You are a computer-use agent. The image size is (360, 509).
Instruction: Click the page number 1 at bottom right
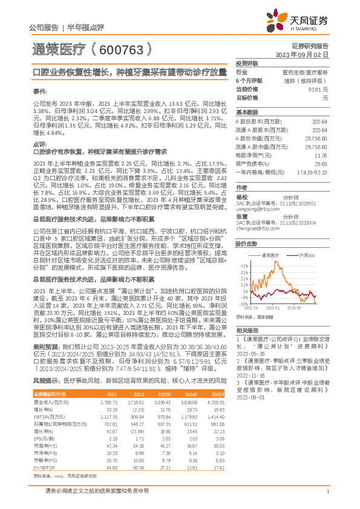(x=327, y=497)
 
